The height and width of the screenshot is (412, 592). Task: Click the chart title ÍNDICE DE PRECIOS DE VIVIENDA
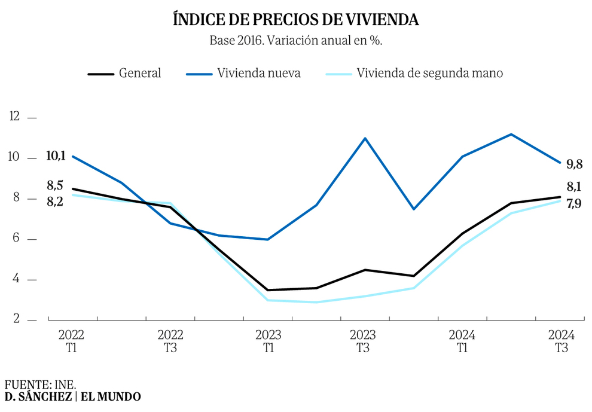[295, 19]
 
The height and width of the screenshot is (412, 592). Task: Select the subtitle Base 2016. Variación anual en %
[295, 41]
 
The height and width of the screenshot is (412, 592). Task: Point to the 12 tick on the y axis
[14, 117]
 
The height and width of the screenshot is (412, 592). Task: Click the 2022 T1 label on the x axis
[71, 341]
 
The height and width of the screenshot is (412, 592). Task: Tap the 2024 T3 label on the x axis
[561, 341]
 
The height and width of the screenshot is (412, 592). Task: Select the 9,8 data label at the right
[575, 164]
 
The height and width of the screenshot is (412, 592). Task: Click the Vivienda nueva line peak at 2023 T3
[365, 138]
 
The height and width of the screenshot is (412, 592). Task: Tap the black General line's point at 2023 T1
[267, 290]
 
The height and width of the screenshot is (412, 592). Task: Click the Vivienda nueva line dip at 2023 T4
[414, 209]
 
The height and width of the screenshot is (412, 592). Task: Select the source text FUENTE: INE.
[40, 384]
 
